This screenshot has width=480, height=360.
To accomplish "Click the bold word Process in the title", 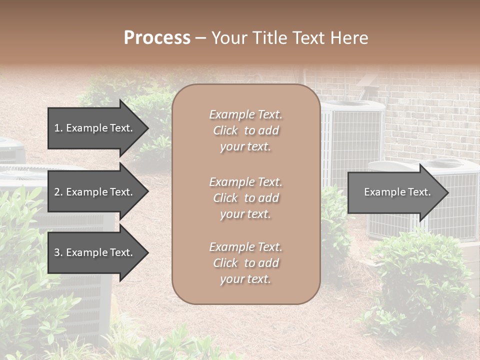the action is [x=157, y=38].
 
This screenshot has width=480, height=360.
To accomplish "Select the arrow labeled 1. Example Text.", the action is [x=94, y=128].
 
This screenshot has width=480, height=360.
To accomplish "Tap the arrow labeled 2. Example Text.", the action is [x=94, y=192].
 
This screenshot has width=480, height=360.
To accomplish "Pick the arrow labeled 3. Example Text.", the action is [x=94, y=252].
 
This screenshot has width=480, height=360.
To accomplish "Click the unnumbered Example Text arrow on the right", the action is [x=397, y=192].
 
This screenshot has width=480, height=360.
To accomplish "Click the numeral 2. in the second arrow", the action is [x=58, y=192].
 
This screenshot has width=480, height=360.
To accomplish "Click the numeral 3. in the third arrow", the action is [x=58, y=252].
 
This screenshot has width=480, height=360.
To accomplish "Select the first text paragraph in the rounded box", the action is [x=245, y=130].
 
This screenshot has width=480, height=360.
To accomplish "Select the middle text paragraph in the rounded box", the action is [x=245, y=198].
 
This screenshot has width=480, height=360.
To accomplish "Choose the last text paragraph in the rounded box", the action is [x=245, y=263].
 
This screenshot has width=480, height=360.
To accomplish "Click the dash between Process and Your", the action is [x=201, y=38].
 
